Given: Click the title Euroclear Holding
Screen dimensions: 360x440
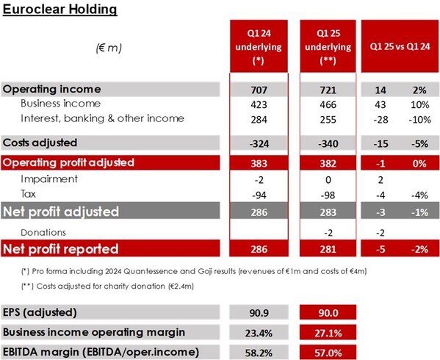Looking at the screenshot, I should pyautogui.click(x=59, y=10).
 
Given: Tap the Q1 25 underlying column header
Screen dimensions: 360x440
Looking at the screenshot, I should pyautogui.click(x=328, y=45).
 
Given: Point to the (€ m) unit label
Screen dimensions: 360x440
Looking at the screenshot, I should pyautogui.click(x=108, y=47).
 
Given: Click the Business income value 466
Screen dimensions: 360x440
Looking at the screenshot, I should pyautogui.click(x=328, y=104).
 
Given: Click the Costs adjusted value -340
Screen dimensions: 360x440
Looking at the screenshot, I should pyautogui.click(x=328, y=142).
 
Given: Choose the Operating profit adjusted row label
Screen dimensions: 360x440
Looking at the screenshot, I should pyautogui.click(x=69, y=162).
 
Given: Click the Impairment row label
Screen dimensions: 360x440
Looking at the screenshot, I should pyautogui.click(x=48, y=179).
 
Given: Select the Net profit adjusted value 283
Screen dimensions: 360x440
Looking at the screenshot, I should pyautogui.click(x=328, y=212).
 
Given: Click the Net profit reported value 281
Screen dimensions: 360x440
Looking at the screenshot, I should pyautogui.click(x=328, y=248).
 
